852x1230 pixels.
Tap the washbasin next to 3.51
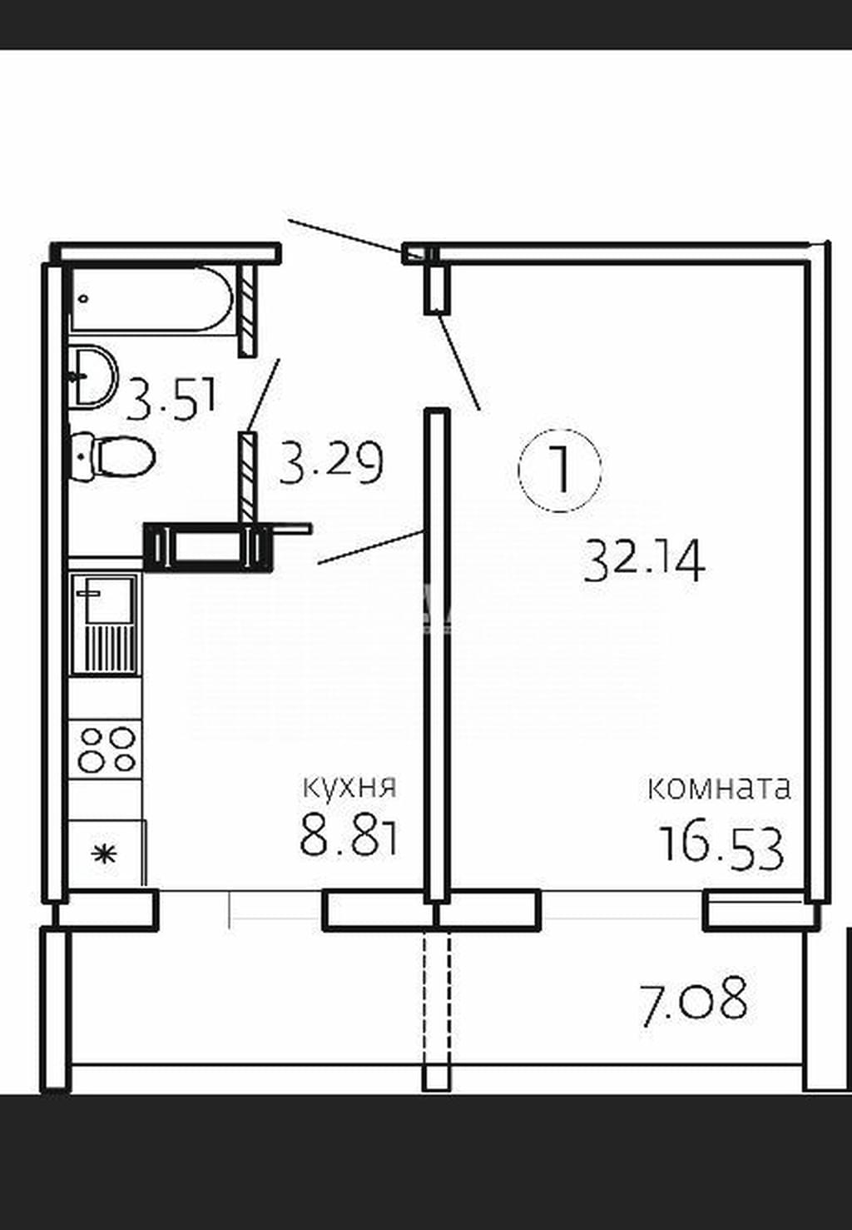coord(93,376)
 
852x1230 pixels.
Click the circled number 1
coord(560,470)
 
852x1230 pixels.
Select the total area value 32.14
coord(644,560)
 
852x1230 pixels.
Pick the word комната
coord(719,789)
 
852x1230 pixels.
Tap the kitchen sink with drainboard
coord(105,624)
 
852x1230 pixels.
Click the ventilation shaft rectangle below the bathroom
coord(208,547)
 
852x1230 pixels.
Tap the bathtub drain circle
coord(83,299)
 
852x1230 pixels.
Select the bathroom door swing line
coord(264,395)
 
